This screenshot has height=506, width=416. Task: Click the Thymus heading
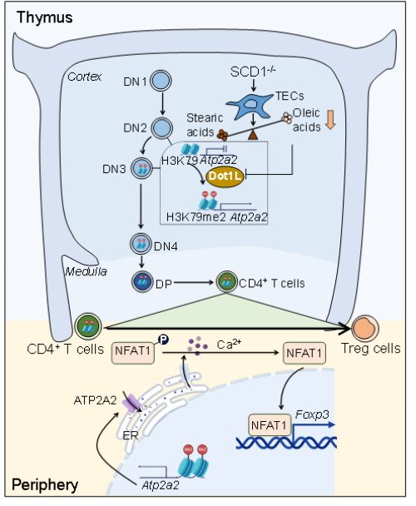pos(45,17)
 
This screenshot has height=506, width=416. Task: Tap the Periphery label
pos(45,484)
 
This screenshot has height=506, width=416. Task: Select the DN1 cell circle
pos(161,81)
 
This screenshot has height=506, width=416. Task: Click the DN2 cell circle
pos(162,128)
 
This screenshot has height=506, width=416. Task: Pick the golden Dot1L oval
pos(225,176)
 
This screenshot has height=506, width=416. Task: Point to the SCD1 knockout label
pos(253,72)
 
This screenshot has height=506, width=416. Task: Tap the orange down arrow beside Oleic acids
pos(330,120)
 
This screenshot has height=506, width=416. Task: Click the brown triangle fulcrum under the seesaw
pos(253,135)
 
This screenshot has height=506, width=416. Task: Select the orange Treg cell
pos(364,328)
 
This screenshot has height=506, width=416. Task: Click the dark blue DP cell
pos(142,281)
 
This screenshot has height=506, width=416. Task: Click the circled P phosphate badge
pos(164,340)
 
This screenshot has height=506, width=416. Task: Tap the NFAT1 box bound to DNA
pos(270,424)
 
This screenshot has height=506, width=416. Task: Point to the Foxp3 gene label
pos(312,414)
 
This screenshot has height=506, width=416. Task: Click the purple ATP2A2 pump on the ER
pos(131,403)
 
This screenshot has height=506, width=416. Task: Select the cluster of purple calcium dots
pos(198,346)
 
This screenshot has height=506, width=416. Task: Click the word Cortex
pos(84,77)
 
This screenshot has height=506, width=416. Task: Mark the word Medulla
pos(86,271)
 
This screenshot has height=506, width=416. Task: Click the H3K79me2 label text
pos(196,217)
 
